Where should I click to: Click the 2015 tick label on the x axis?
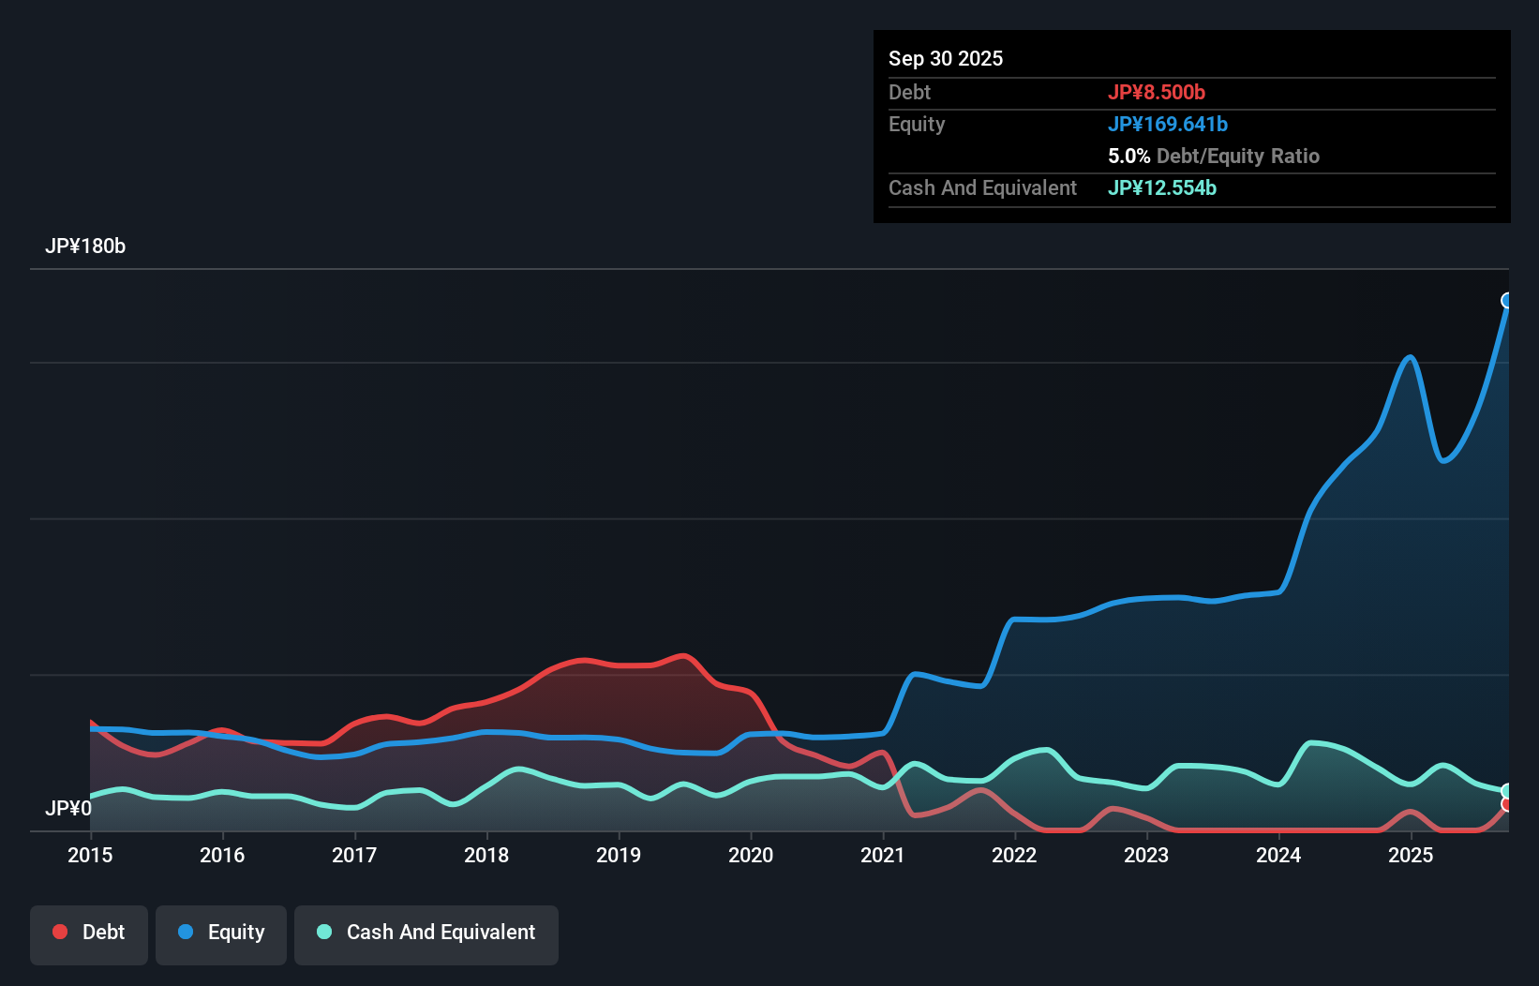pos(90,855)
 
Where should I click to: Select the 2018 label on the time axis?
pos(486,855)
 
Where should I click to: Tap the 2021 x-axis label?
pos(882,855)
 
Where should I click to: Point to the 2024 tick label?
pos(1278,855)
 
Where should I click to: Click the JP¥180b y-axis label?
pos(85,246)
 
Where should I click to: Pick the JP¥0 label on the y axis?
pos(67,808)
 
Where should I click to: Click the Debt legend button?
pos(89,933)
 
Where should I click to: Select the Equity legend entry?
pos(221,933)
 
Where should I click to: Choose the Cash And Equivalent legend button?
pos(426,933)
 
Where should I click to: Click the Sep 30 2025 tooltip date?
pos(945,59)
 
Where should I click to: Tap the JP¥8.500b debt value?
pos(1156,93)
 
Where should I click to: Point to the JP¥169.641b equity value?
pos(1167,125)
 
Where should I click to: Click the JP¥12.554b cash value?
pos(1161,188)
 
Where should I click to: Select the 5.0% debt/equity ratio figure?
pos(1128,157)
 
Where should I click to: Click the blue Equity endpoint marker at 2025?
pos(1507,301)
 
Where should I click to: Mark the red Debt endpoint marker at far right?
pos(1507,804)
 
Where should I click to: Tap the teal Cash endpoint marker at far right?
pos(1507,791)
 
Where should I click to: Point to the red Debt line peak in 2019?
pos(683,655)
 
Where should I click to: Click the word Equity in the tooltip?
pos(917,125)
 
